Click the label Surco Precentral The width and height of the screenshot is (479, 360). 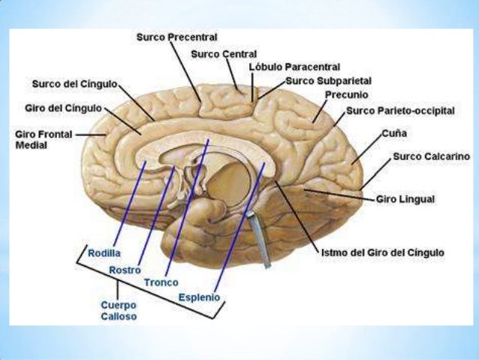point(176,36)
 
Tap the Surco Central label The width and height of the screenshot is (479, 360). point(224,54)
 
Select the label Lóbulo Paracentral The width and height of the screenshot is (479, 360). point(294,67)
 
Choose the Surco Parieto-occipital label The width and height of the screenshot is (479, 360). point(400,110)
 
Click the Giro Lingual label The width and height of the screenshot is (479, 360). point(405,199)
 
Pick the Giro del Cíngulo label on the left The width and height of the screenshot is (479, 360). point(65,108)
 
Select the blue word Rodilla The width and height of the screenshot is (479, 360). point(104,253)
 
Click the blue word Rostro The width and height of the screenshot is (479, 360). point(125,269)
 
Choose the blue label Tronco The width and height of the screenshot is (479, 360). point(161,283)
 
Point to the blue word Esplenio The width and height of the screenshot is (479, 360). point(199,298)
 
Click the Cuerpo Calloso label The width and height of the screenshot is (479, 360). point(119,311)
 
